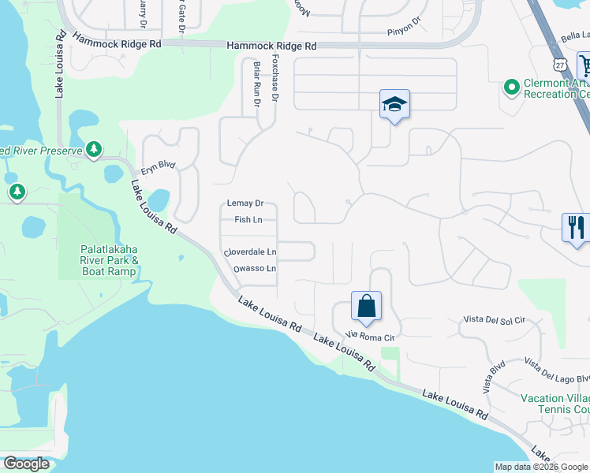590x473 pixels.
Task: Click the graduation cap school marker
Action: click(394, 104)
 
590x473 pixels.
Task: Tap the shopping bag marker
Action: click(367, 306)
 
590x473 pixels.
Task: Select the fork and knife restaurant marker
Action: click(575, 228)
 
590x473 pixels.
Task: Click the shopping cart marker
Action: click(584, 65)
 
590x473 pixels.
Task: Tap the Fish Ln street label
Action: click(248, 220)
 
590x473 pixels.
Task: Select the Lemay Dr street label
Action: click(245, 203)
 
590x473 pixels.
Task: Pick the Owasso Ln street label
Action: click(255, 269)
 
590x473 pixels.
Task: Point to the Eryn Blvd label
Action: click(158, 167)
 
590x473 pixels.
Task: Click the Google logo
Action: click(27, 464)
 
